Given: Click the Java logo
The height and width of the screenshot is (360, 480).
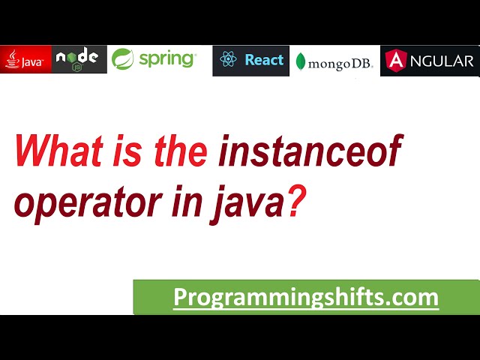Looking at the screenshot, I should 26,60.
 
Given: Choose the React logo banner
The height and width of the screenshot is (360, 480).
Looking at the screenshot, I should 250,60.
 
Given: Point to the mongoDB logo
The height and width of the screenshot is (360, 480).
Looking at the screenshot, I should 334,62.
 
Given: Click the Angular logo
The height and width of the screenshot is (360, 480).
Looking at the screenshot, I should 430,61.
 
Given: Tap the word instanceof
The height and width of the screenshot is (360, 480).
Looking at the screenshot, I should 310,152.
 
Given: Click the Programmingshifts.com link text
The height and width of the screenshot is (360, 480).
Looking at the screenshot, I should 306,297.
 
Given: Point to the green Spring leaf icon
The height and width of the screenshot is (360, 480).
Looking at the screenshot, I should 123,59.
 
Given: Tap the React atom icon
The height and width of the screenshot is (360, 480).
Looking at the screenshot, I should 229,60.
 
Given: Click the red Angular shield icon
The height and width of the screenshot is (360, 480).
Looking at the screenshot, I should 395,61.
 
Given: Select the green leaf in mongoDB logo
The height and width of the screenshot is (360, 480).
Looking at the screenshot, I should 301,62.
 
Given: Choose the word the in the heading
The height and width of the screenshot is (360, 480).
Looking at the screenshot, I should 179,152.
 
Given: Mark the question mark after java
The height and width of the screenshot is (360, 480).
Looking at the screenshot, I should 298,201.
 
